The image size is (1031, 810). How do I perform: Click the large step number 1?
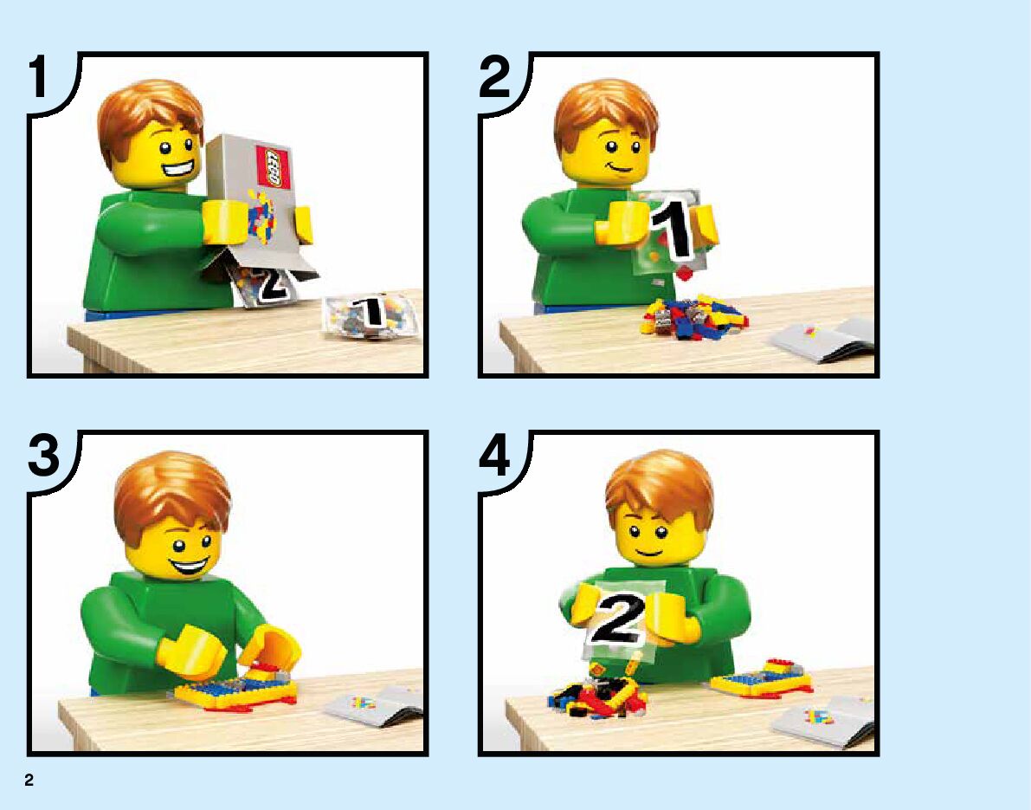(38, 77)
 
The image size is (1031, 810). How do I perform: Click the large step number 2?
(494, 77)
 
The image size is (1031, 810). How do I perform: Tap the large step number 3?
(43, 456)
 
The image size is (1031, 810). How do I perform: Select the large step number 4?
(494, 456)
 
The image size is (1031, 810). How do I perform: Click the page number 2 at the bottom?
(29, 780)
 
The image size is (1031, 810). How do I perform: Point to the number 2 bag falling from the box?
(267, 286)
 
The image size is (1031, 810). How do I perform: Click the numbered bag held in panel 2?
(666, 234)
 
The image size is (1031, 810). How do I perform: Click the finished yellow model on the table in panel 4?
(763, 677)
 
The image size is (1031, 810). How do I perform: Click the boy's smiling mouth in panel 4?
(648, 551)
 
